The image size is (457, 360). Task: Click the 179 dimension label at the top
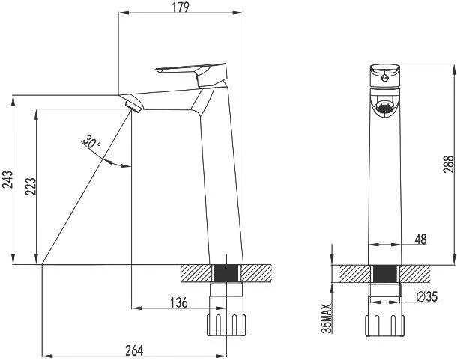[x=181, y=7]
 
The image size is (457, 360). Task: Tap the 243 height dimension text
[x=7, y=180]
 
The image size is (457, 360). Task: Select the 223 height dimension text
[x=31, y=186]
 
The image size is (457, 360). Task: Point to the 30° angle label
[x=91, y=141]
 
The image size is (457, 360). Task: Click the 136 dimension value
[x=178, y=302]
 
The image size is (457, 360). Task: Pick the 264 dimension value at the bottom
[x=134, y=350]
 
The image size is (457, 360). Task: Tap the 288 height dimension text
[x=449, y=164]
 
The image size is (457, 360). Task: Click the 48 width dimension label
[x=420, y=240]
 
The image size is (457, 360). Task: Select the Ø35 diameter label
[x=427, y=297]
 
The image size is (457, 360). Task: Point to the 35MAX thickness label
[x=327, y=318]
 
